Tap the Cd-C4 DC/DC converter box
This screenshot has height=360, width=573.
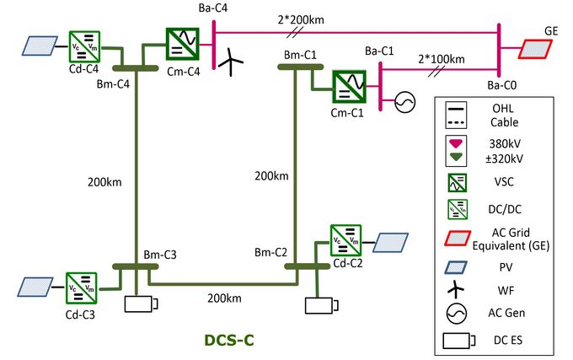coord(83,46)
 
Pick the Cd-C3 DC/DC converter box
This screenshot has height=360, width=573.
coord(81,285)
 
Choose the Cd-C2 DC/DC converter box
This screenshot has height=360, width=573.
coord(345,239)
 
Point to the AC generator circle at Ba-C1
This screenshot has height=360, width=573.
coord(404,102)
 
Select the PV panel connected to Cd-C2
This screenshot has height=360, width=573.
coord(391,242)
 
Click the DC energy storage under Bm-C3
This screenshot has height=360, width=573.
coord(140,304)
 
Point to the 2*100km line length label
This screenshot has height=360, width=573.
coord(441,60)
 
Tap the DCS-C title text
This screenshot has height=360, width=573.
coord(228,341)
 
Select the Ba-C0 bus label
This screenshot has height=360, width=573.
coord(501,85)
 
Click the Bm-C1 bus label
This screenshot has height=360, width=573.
coord(300,55)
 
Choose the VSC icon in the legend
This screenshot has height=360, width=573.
coord(455,181)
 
